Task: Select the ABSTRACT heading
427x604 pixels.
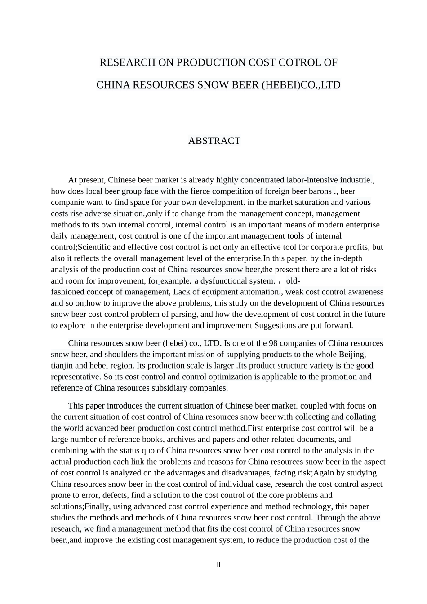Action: point(214,141)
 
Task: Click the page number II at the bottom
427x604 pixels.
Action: point(218,564)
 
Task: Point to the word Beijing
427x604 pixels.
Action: point(352,355)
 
